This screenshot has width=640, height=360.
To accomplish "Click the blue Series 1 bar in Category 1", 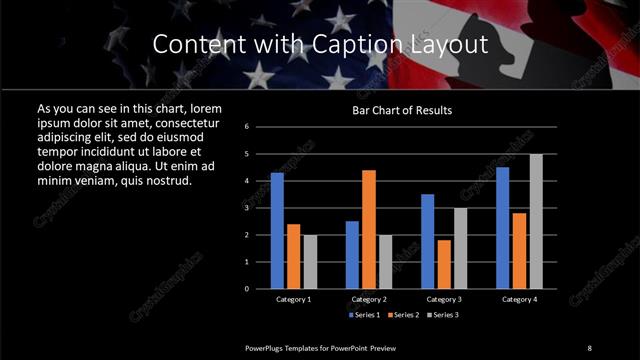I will pos(277,231).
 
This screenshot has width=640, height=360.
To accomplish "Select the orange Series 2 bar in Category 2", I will pos(368,229).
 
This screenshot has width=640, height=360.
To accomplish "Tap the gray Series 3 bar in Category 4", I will pos(535,221).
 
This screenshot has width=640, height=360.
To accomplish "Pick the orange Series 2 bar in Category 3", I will pos(444,264).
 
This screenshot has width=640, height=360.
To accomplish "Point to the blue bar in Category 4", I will pos(503,228).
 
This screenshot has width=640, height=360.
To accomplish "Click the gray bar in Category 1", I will pos(309,262).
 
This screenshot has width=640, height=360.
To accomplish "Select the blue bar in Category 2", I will pos(352,255).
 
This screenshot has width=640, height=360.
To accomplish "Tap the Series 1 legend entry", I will pos(365,315).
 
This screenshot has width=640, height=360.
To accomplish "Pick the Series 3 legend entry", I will pos(443,315).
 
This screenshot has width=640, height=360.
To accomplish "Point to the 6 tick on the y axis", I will pos(246,127).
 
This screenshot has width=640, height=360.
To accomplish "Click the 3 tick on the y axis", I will pos(246,208).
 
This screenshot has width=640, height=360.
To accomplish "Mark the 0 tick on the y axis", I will pos(246,289).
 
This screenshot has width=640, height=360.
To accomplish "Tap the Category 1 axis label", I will pos(293,299).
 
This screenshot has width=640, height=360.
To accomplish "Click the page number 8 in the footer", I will pos(590,347).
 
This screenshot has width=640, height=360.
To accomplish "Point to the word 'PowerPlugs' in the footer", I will pos(267,347).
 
